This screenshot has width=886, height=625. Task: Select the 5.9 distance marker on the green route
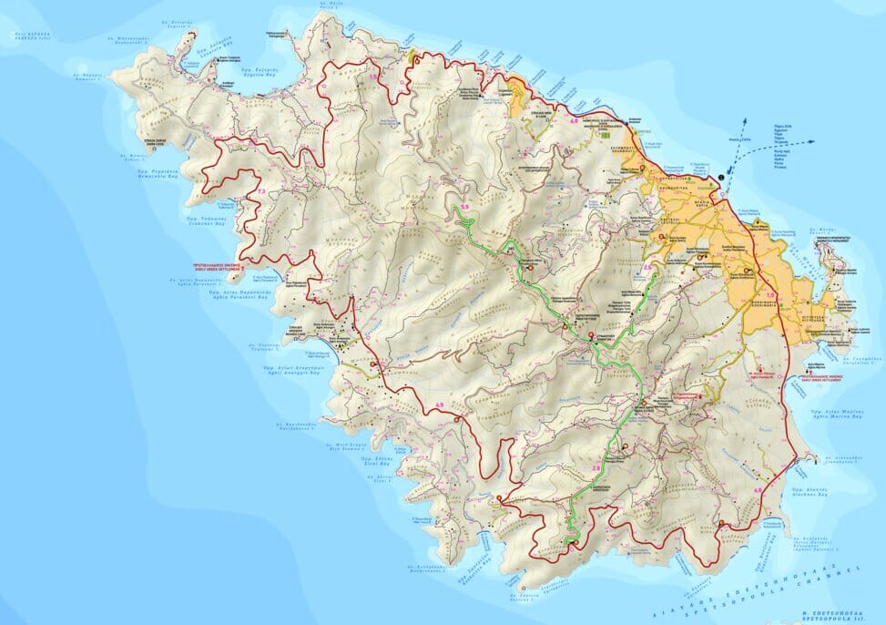click(463, 209)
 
